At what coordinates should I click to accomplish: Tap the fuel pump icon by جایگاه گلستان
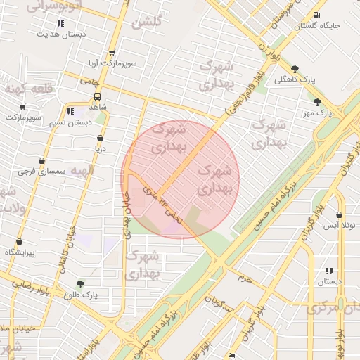[x=316, y=15]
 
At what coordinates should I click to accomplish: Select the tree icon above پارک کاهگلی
[x=293, y=69]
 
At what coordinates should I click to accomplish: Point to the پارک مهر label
[x=317, y=112]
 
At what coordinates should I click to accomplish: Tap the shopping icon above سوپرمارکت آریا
[x=111, y=53]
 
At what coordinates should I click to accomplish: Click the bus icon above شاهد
[x=96, y=97]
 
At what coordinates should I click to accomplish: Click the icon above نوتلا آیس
[x=340, y=215]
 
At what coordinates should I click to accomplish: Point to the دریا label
[x=101, y=149]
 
